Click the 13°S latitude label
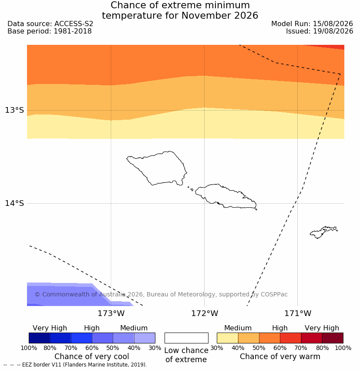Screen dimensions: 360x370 [x=14, y=110]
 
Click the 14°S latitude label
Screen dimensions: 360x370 [x=14, y=203]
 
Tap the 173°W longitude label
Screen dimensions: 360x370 [x=111, y=313]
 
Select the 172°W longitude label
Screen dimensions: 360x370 [x=205, y=313]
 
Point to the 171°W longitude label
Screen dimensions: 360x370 [x=298, y=313]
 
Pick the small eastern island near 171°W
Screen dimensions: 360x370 [x=323, y=232]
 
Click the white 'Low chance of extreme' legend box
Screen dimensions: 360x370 [x=186, y=338]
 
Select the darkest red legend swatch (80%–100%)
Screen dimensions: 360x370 [x=333, y=338]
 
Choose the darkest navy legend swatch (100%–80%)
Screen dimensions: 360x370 [x=40, y=338]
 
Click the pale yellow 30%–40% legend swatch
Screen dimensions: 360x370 [x=227, y=338]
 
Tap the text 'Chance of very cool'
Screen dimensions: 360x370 [x=92, y=357]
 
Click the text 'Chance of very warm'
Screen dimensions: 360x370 [x=280, y=357]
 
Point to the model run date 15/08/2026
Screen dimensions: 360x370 [x=333, y=24]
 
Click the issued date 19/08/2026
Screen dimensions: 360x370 [x=333, y=31]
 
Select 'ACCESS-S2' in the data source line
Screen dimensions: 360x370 [x=74, y=24]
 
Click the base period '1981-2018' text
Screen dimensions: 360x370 [x=73, y=31]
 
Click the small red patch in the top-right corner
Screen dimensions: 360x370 [x=330, y=47]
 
